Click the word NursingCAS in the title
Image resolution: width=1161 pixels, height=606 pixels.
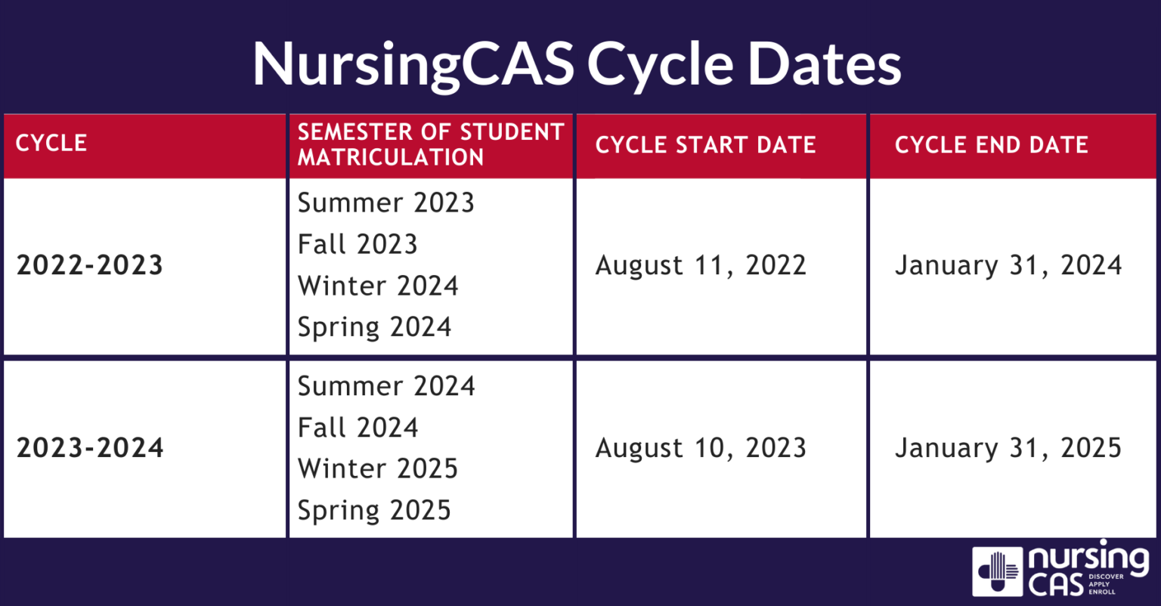click(x=413, y=65)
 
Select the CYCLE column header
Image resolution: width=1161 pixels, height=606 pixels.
click(x=51, y=143)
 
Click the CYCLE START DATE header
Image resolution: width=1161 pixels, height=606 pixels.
click(x=705, y=144)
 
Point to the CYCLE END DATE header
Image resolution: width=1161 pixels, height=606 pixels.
click(x=991, y=144)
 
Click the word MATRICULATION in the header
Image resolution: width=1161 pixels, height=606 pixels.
click(x=391, y=157)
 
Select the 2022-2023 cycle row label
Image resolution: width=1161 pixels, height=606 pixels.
click(x=90, y=264)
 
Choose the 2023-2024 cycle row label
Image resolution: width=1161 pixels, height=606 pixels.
click(x=90, y=447)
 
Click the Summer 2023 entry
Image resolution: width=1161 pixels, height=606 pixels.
click(x=386, y=202)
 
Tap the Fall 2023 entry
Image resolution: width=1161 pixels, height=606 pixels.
click(x=358, y=243)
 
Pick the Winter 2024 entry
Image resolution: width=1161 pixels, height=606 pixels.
click(x=378, y=286)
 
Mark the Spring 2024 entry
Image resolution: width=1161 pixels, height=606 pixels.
click(x=374, y=327)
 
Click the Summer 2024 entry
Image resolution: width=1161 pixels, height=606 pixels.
click(x=386, y=386)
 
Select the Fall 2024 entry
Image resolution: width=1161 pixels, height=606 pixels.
click(x=358, y=428)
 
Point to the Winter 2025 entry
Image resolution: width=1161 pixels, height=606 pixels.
click(x=378, y=468)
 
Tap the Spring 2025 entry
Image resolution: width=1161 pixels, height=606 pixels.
click(x=374, y=511)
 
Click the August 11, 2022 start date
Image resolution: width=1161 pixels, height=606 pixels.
click(x=701, y=266)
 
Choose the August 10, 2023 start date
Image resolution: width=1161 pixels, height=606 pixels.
click(x=701, y=449)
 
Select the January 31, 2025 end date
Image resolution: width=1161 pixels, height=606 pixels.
click(x=1008, y=448)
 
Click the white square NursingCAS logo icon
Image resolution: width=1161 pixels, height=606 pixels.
click(x=997, y=571)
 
